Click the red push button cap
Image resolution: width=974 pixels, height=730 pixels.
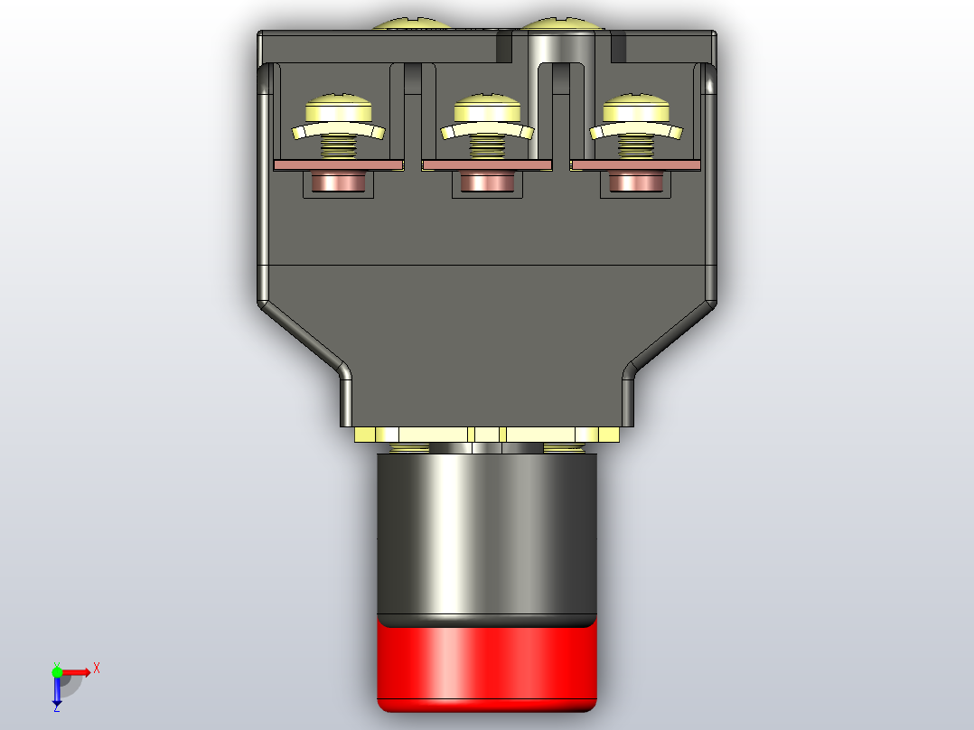pyautogui.click(x=486, y=663)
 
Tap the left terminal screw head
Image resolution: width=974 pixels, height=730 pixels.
pyautogui.click(x=339, y=109)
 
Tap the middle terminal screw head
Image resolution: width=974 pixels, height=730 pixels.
pyautogui.click(x=488, y=109)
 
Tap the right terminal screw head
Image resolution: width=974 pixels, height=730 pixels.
pyautogui.click(x=636, y=109)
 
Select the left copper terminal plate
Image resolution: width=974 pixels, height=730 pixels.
pyautogui.click(x=338, y=165)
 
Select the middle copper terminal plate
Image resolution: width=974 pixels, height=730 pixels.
pyautogui.click(x=487, y=165)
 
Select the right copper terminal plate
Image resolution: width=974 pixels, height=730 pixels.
pyautogui.click(x=635, y=165)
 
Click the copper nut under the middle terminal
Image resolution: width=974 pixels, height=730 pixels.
pyautogui.click(x=487, y=182)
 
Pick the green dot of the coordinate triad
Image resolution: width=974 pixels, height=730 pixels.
pyautogui.click(x=57, y=671)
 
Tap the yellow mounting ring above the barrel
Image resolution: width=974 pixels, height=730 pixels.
pyautogui.click(x=486, y=435)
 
